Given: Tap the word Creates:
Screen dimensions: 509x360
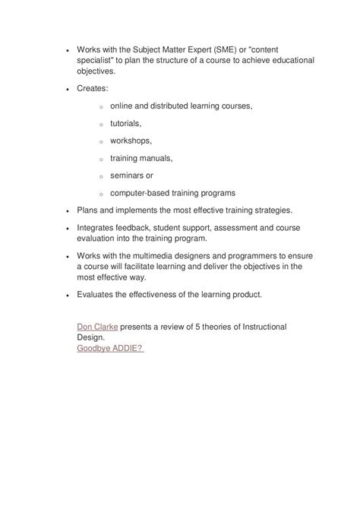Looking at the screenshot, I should click(93, 89).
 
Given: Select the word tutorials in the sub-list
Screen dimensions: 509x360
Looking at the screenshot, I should click(126, 123).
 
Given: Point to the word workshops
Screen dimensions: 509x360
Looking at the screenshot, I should click(131, 141).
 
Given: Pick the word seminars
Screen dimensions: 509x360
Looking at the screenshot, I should click(130, 175).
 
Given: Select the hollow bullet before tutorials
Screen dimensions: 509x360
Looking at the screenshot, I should click(100, 124).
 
